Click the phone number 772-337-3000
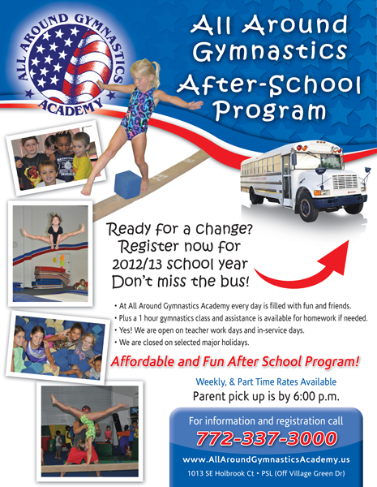pos(266,438)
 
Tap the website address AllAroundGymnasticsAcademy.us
pos(266,459)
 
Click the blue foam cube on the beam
pos(128,184)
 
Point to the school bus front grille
pos(345,182)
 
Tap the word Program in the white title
pos(270,110)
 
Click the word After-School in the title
pos(268,84)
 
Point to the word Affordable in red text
pos(143,361)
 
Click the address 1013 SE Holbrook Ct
pos(221,474)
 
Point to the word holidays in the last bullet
pos(236,343)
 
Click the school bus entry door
pos(287,180)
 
